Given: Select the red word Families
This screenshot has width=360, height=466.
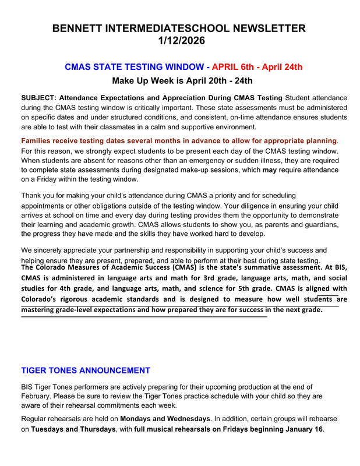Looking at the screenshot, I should [38, 141].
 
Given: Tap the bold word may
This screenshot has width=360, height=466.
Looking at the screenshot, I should [270, 170].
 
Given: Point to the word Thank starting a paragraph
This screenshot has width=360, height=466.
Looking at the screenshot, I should [32, 196].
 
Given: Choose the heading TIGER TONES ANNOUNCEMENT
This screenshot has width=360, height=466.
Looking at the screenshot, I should [86, 370].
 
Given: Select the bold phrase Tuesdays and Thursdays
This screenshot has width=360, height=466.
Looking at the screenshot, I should [73, 429].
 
